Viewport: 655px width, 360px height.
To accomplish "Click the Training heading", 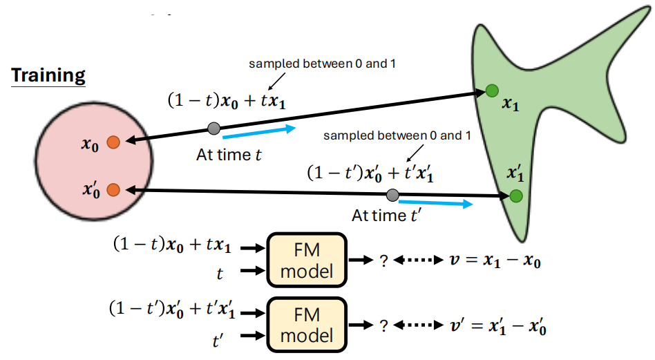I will point(48,75).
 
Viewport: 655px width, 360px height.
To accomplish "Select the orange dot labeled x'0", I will point(114,189).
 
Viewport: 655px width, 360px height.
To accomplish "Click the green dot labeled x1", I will point(491,90).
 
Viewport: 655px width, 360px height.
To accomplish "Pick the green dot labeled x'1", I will point(515,196).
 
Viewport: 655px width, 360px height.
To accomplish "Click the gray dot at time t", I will point(214,127).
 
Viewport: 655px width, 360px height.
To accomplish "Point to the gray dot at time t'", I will point(392,195).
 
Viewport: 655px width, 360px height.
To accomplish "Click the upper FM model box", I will point(305,260).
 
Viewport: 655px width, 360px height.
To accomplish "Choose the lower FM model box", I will point(305,325).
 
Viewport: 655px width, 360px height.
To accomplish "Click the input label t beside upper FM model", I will point(220,274).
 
